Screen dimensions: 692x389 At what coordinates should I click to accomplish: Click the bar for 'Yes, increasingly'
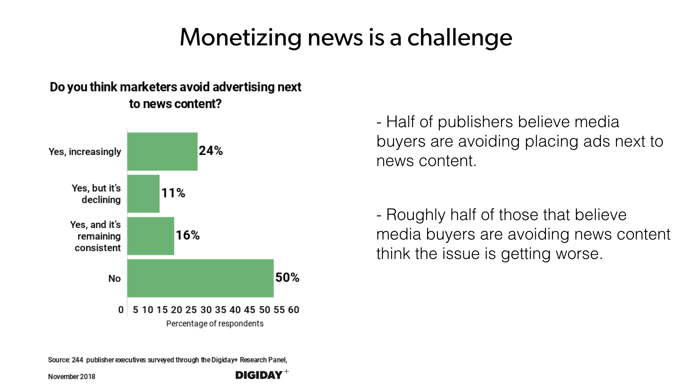coord(162,152)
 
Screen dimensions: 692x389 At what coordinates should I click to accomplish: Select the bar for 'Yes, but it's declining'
coord(143,194)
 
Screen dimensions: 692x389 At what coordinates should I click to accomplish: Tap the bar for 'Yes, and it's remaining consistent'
coord(151,236)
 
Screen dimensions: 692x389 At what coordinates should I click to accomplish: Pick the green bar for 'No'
coord(200,278)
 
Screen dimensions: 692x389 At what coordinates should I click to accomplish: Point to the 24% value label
coord(211,151)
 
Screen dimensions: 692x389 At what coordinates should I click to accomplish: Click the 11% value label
coord(173,193)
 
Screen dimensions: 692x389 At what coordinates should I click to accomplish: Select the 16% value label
coord(188,235)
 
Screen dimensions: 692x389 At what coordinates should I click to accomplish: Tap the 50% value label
coord(287,277)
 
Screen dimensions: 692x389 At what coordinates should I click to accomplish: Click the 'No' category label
coord(115,278)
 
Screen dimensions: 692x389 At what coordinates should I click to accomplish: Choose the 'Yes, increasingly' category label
coord(85,152)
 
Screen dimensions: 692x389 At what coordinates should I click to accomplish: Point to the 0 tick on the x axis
coord(121,310)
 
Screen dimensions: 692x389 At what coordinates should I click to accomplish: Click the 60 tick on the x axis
coord(294,310)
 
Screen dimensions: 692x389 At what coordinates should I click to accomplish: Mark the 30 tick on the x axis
coord(206,310)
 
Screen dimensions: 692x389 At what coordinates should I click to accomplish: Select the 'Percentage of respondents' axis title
coord(215,323)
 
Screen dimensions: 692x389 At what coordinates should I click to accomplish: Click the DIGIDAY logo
coord(262,375)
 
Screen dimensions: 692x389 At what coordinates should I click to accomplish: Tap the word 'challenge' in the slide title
coord(460,37)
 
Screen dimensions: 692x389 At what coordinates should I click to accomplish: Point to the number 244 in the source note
coord(77,360)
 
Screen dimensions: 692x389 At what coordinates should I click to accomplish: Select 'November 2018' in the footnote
coord(72,376)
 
